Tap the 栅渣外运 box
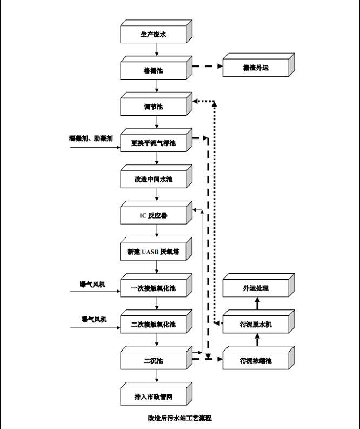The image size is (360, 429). (x=256, y=68)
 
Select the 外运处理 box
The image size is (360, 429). (x=256, y=288)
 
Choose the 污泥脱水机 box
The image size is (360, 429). (x=256, y=324)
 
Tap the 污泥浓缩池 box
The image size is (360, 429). (x=256, y=360)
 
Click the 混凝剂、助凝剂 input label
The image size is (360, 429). (x=91, y=138)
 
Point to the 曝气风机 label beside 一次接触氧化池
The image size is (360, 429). (x=93, y=284)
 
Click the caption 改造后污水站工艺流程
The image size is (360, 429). (x=179, y=418)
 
